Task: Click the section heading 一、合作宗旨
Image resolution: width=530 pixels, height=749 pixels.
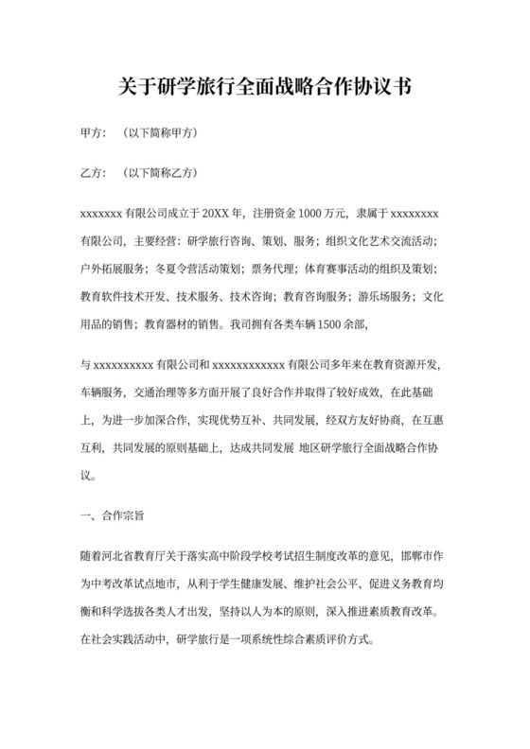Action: point(113,516)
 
